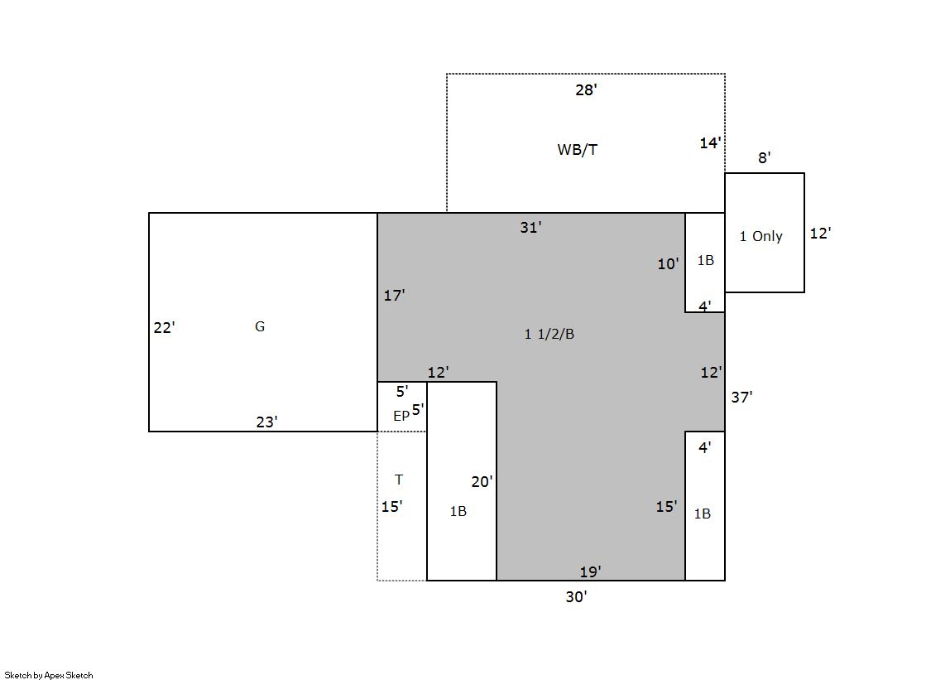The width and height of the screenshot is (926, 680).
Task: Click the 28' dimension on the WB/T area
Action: pyautogui.click(x=586, y=90)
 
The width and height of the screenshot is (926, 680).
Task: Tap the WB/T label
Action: pyautogui.click(x=577, y=150)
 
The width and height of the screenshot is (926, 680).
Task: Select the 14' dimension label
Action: pyautogui.click(x=710, y=143)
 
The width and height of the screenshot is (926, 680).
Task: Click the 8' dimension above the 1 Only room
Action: pyautogui.click(x=764, y=158)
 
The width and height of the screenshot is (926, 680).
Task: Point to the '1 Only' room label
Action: pyautogui.click(x=760, y=237)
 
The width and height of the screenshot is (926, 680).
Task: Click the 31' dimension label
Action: pyautogui.click(x=530, y=228)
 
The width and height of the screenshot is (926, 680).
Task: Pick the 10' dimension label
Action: pyautogui.click(x=668, y=264)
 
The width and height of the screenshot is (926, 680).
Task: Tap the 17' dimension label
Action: pyautogui.click(x=394, y=295)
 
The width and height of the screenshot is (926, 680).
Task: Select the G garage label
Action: pyautogui.click(x=260, y=326)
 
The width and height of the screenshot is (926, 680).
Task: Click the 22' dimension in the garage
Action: pyautogui.click(x=164, y=328)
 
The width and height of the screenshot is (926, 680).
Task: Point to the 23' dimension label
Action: pyautogui.click(x=266, y=422)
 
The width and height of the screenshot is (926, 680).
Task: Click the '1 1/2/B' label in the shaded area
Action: pyautogui.click(x=549, y=334)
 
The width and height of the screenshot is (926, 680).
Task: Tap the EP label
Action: pyautogui.click(x=401, y=417)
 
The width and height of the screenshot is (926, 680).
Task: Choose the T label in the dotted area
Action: pyautogui.click(x=399, y=480)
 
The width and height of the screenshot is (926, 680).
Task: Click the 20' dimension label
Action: pyautogui.click(x=482, y=482)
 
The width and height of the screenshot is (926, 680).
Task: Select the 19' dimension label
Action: pyautogui.click(x=590, y=571)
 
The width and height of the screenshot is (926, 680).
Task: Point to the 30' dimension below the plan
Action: pyautogui.click(x=577, y=597)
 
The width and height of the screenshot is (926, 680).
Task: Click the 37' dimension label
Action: pyautogui.click(x=741, y=398)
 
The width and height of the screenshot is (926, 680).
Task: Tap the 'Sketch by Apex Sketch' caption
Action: pyautogui.click(x=49, y=675)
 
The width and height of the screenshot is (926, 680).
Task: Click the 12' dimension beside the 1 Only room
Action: pyautogui.click(x=820, y=234)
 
